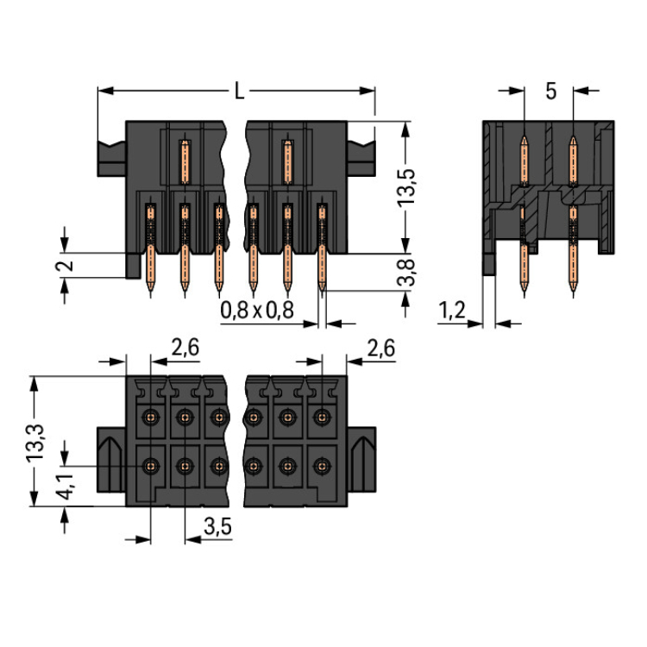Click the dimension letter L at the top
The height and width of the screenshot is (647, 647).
(x=239, y=90)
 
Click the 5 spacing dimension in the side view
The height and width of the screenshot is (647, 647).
(x=550, y=91)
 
